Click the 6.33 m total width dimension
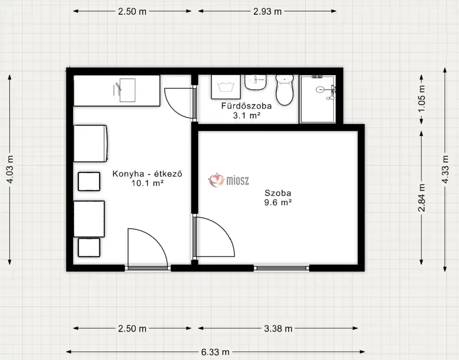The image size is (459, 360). pos(215,352)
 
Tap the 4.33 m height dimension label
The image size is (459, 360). pos(445,169)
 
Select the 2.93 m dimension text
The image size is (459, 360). pos(267,11)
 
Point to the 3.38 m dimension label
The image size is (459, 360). pos(278,329)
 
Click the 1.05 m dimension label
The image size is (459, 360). pos(421,98)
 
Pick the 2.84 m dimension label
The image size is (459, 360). pos(421,198)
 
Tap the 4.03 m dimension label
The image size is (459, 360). pos(10,169)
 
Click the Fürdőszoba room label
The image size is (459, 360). pos(246,106)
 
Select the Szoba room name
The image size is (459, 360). pos(278,193)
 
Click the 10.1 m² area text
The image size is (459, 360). pos(147,183)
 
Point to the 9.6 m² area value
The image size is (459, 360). pos(278,202)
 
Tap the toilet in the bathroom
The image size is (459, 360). pos(285,90)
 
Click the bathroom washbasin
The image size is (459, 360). pos(256,82)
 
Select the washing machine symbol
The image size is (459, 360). pos(226,87)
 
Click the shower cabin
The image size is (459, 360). pos(318,99)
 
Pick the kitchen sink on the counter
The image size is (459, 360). pos(124,90)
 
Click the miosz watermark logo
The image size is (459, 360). pos(229,180)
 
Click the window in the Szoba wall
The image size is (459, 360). pos(281,268)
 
